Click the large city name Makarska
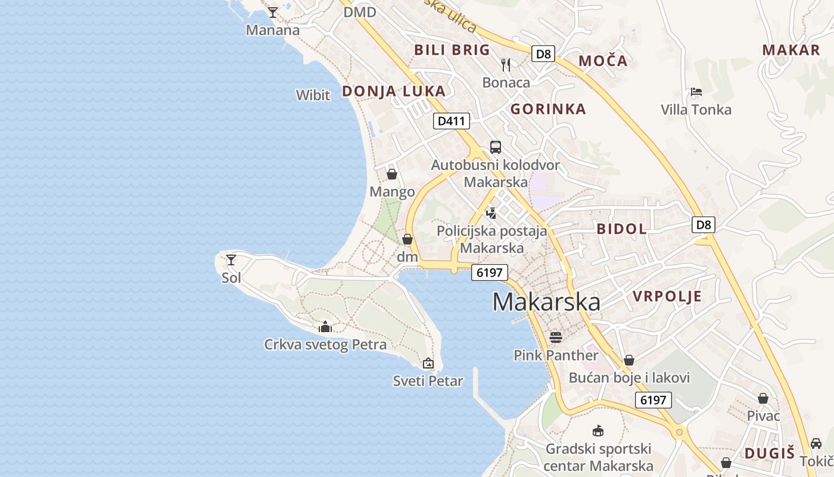coord(546,302)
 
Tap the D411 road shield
coord(451,121)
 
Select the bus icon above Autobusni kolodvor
coord(495,147)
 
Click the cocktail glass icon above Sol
coord(231,260)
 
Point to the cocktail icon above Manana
coord(272,12)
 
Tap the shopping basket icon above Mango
coord(392,174)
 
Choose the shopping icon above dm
coord(407,240)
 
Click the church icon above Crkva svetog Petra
coord(325,327)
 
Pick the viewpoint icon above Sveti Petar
coord(428,363)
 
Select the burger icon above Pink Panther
coord(556,337)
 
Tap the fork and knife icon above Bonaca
coord(506,64)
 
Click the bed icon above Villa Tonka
coord(696,92)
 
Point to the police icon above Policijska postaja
coord(491,213)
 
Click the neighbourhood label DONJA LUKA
coord(393,91)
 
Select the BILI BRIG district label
coord(452,49)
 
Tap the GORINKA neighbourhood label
coord(548,109)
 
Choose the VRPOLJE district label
coord(667,296)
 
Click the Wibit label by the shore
coord(313,95)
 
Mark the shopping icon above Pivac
coord(763,398)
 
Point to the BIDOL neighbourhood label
coord(621,229)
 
